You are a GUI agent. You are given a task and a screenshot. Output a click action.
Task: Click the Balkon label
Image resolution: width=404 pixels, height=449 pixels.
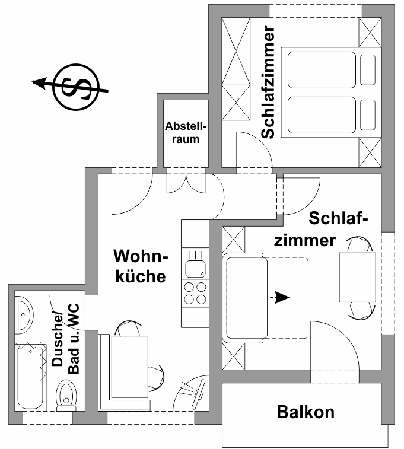pyautogui.click(x=306, y=412)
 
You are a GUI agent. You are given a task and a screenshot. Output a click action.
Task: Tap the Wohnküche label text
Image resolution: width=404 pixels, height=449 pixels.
pyautogui.click(x=141, y=266)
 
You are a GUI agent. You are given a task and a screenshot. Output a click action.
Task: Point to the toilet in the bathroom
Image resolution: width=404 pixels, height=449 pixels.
pyautogui.click(x=65, y=394)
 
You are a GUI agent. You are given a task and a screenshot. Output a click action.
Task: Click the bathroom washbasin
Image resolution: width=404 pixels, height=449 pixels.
pyautogui.click(x=24, y=314)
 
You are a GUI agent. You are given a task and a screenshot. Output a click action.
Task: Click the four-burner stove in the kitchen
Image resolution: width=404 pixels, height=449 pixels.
pyautogui.click(x=195, y=292)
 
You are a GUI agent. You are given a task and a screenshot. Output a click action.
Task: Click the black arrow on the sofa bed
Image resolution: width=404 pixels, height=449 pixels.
pyautogui.click(x=281, y=297)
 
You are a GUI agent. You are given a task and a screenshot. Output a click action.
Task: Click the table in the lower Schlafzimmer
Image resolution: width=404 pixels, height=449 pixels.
pyautogui.click(x=357, y=277)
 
